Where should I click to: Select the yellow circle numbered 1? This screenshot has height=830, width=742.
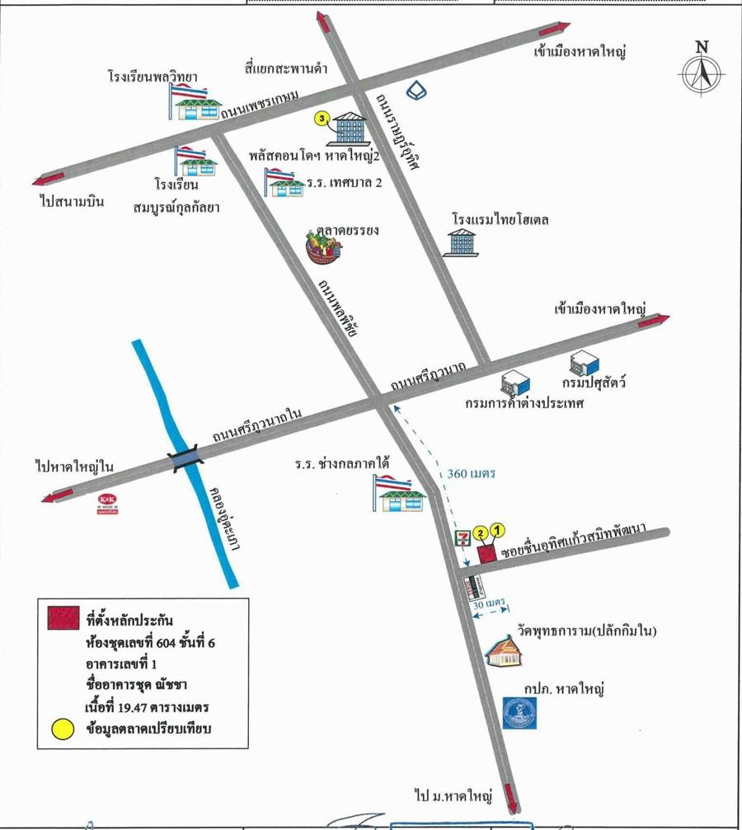point(497,530)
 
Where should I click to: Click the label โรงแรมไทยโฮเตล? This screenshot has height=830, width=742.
point(500,221)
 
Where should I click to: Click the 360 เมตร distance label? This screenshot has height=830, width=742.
point(470,474)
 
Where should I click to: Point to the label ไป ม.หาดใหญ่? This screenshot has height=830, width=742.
point(453,797)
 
